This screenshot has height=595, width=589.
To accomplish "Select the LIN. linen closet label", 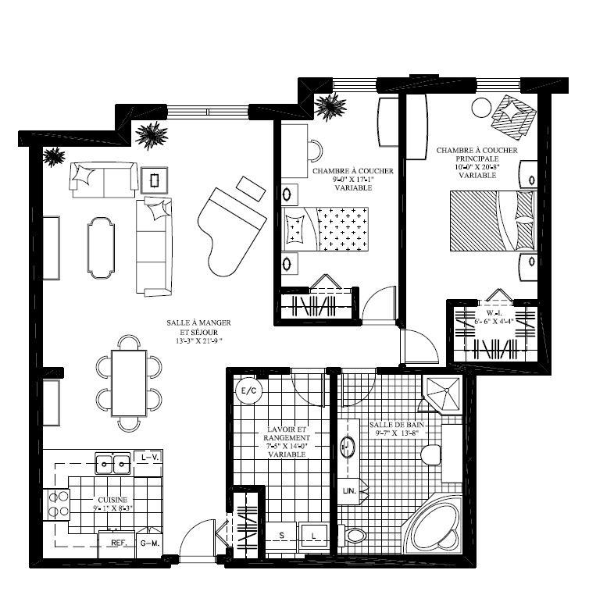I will pos(349,491).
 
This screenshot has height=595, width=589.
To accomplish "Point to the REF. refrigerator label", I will pos(119,542).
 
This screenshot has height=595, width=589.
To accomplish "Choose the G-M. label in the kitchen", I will pos(149,542).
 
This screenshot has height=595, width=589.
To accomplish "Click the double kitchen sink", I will pos(113,465).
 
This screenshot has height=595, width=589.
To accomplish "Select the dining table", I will pos(129,383).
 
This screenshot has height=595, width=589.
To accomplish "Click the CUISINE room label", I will pos(112,500).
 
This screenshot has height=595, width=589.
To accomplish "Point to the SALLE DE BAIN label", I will pos(398,426).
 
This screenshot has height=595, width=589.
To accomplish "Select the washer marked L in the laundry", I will pos(313,536).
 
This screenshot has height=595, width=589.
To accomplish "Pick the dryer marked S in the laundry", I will pos(281,536).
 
